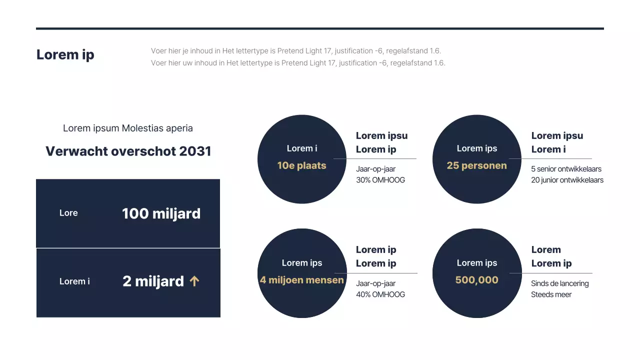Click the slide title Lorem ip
coord(65,54)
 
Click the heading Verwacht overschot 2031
coord(128,151)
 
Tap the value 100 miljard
coord(161,213)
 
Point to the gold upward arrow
coord(194,281)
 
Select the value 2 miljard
coord(153,281)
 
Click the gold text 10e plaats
coord(301,165)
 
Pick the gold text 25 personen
coord(476,165)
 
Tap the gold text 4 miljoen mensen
coord(301,280)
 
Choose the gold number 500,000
coord(476,280)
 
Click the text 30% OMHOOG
coord(380,180)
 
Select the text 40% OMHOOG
coord(380,294)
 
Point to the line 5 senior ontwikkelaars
coord(566,169)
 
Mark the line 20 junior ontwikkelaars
coord(567,180)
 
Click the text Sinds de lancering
coord(559,283)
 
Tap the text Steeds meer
coord(551,294)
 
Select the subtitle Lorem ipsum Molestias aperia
coord(128,128)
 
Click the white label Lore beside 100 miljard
coord(68,213)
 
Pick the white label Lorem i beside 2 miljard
coord(74,281)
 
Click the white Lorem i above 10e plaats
coord(301,148)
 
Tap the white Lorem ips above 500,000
coord(476,263)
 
